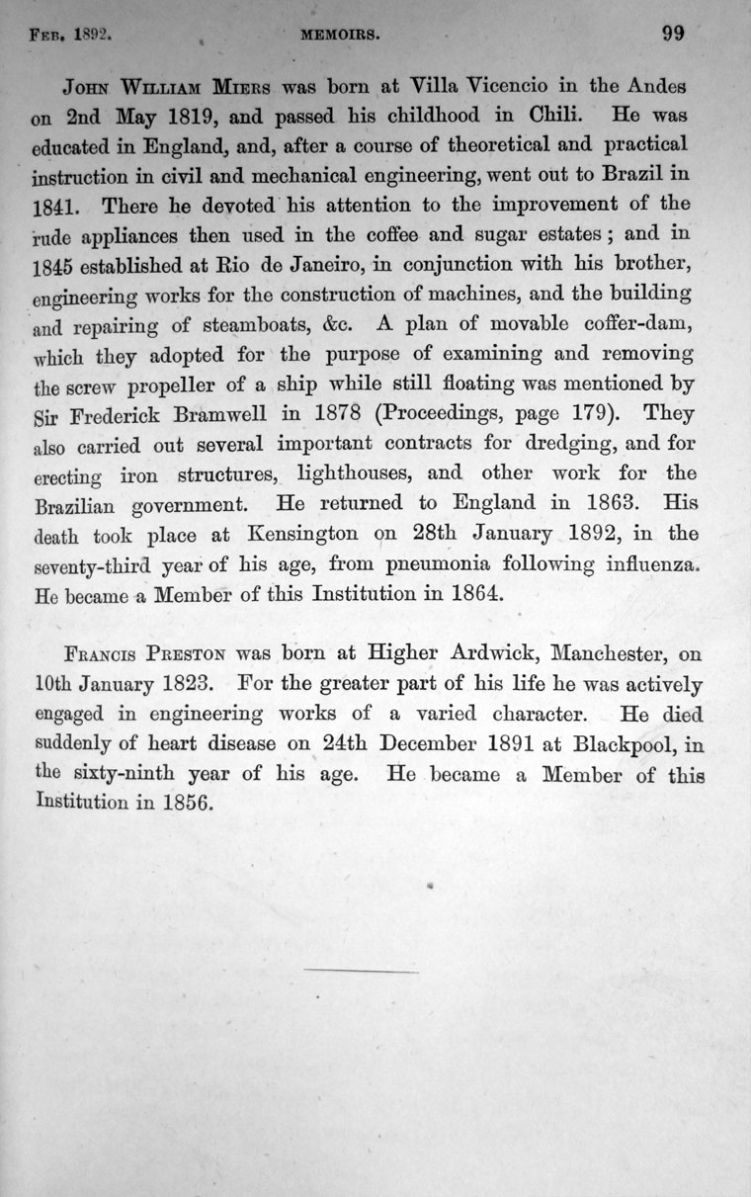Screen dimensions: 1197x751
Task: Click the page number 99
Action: pos(673,34)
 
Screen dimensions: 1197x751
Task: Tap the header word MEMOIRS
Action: pos(351,36)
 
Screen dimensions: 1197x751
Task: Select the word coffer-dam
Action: pos(643,322)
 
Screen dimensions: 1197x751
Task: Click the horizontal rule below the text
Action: pos(363,972)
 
